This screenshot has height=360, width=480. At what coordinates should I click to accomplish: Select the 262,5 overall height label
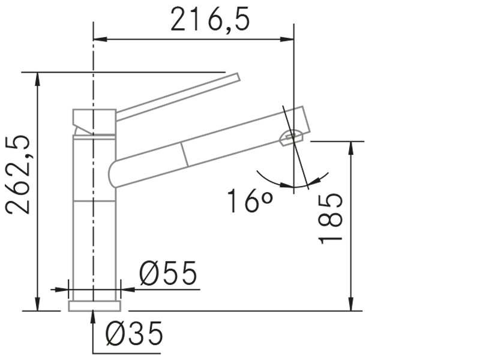[x=18, y=175]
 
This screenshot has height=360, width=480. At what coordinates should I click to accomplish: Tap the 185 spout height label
[x=331, y=218]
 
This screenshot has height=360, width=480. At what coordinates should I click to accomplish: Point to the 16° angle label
[x=250, y=200]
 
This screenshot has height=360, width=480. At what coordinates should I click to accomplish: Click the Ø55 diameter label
[x=168, y=274]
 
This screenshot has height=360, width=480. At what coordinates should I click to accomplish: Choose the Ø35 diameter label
[x=134, y=334]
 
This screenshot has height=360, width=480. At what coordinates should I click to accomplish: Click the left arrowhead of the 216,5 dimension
[x=100, y=39]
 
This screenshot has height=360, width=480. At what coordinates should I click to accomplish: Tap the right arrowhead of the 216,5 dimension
[x=287, y=39]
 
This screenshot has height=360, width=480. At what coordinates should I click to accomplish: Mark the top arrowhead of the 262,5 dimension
[x=37, y=80]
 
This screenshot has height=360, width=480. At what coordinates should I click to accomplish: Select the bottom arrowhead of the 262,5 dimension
[x=37, y=304]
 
